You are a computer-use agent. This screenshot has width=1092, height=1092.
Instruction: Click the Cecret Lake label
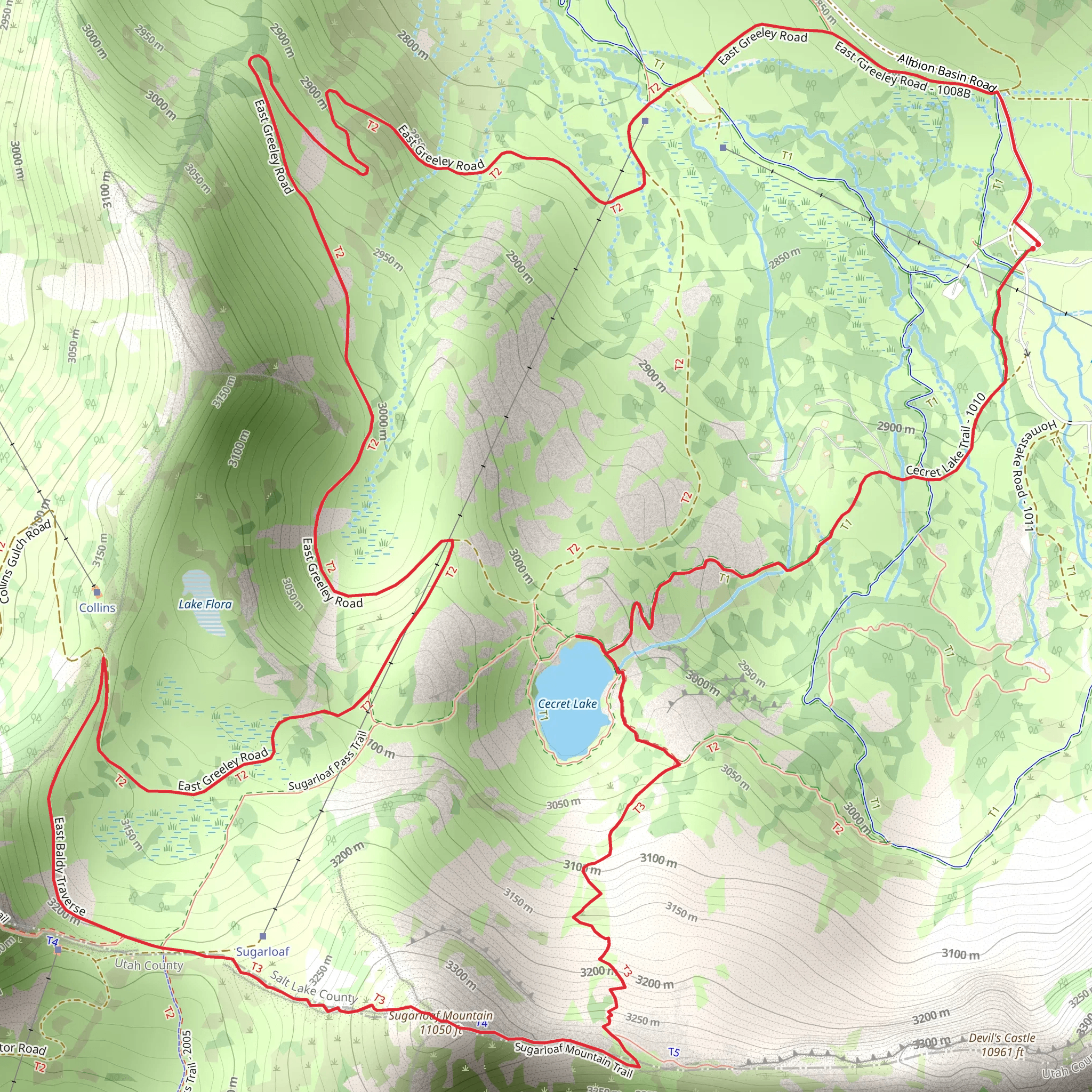pos(567,704)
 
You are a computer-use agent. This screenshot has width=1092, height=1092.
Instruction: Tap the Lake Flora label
pos(205,604)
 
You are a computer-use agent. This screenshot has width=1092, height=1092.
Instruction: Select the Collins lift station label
pos(97,608)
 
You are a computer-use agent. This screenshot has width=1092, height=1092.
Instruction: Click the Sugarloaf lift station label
pos(262,951)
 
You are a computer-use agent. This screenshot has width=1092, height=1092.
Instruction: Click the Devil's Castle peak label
pos(1001,1045)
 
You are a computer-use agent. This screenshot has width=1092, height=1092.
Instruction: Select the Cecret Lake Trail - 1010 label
pos(946,435)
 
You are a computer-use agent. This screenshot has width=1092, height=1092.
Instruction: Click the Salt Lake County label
pos(312,986)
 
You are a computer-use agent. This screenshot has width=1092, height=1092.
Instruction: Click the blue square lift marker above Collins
pos(97,592)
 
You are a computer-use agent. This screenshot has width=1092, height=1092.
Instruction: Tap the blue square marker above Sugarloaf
pos(262,936)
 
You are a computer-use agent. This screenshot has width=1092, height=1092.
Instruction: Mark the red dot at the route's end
pos(1033,248)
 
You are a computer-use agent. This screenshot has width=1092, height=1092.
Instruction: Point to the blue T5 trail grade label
pos(674,1052)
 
